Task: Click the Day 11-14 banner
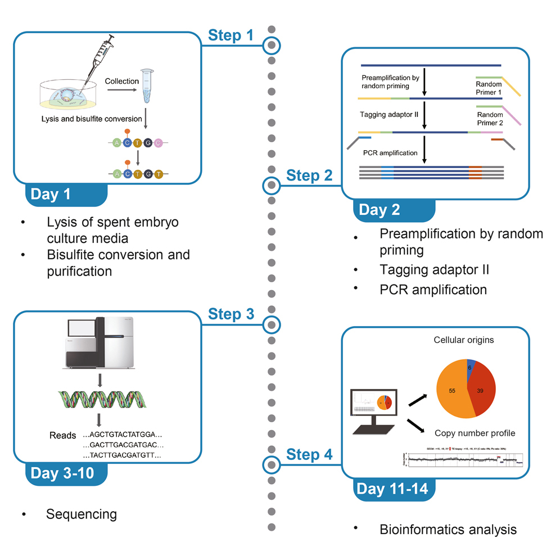pos(392,489)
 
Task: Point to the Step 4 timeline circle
pos(271,464)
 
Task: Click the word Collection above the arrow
pos(121,81)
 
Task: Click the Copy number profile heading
pos(475,433)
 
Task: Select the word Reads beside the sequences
pos(62,435)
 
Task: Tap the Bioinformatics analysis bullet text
pos(448,529)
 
